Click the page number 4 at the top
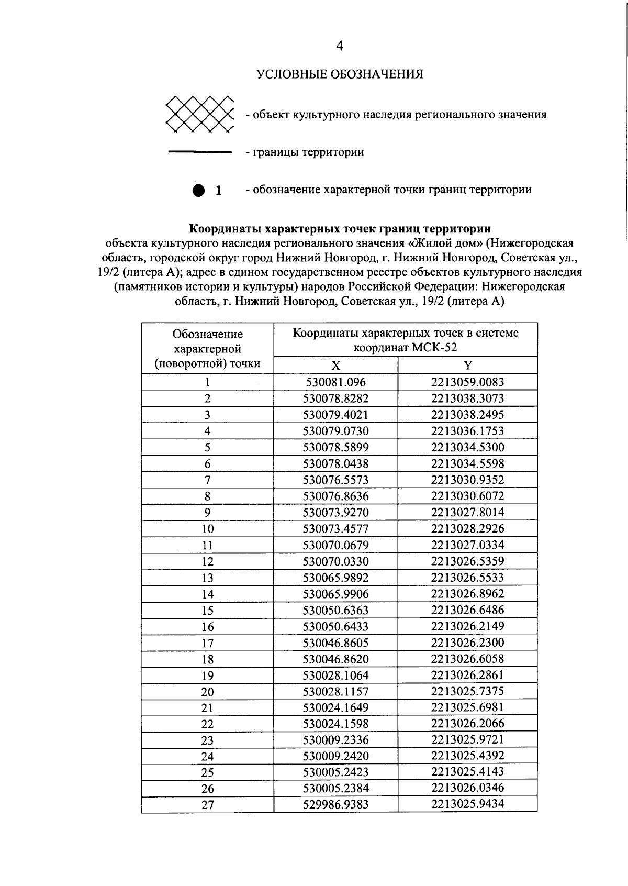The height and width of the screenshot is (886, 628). (x=339, y=47)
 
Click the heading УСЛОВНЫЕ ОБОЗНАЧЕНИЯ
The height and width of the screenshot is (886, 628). (x=339, y=74)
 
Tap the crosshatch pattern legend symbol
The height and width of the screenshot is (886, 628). (x=199, y=114)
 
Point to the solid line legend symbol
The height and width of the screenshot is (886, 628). (x=199, y=152)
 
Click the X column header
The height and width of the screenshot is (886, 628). (x=335, y=366)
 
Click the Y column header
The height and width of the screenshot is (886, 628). (x=467, y=366)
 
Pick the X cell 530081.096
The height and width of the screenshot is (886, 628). (x=335, y=382)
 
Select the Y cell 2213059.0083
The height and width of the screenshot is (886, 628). (x=467, y=382)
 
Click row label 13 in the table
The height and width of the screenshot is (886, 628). (x=207, y=578)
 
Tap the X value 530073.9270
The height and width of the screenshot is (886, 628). (x=335, y=512)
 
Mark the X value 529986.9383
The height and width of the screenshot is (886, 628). (x=335, y=804)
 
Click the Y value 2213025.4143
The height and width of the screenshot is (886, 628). (x=467, y=771)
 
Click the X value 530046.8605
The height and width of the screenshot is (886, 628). (x=335, y=643)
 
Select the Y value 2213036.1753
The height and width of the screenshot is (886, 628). (x=467, y=430)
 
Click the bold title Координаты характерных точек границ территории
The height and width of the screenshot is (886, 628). (x=339, y=229)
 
